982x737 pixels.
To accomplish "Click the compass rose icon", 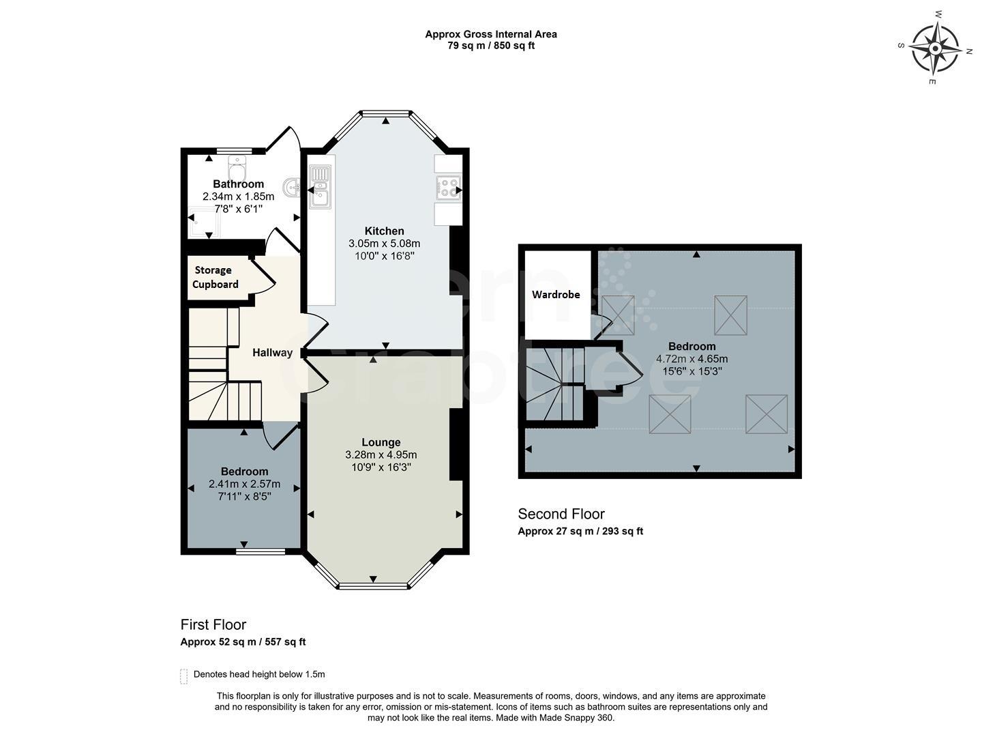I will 935,48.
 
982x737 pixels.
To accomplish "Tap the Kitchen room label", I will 384,231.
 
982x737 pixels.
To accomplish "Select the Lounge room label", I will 381,442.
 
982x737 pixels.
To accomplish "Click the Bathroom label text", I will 238,184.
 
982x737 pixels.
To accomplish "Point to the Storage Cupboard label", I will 215,277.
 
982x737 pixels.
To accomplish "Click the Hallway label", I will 272,353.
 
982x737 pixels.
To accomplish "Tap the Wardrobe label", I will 556,295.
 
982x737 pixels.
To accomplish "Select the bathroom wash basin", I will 291,186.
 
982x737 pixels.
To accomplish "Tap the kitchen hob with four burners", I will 447,187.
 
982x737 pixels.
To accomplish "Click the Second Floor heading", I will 561,514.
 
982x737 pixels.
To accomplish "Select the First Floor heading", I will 213,624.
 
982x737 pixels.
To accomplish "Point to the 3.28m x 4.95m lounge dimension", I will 381,455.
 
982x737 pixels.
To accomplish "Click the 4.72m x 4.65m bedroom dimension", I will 691,359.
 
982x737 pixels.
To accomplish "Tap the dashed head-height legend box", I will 183,676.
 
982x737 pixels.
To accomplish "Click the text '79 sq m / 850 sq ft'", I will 491,46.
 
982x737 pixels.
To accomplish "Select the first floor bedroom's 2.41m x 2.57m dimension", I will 244,485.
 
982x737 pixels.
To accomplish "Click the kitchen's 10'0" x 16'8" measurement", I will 384,256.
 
